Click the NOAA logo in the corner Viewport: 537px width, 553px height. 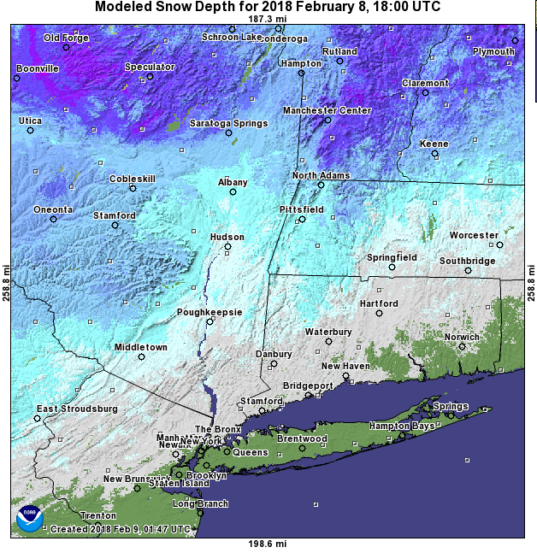click(29, 517)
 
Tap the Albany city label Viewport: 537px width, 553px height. click(233, 182)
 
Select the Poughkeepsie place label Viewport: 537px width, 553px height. click(209, 312)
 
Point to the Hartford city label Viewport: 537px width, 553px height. click(378, 303)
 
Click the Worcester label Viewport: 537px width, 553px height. click(474, 235)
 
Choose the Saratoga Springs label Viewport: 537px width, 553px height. click(228, 123)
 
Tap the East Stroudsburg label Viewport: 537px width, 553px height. click(77, 409)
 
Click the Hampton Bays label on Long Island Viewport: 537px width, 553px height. click(402, 426)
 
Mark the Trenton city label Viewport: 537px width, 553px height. click(97, 516)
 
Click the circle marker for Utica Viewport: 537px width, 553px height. click(30, 130)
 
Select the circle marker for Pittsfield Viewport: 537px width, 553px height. click(302, 219)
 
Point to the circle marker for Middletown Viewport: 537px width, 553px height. click(142, 356)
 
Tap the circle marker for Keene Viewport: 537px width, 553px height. click(434, 154)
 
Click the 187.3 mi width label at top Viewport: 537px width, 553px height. click(265, 18)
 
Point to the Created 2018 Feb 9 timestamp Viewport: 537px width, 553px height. click(120, 530)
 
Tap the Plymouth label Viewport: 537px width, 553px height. click(493, 51)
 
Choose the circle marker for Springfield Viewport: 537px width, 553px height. click(392, 267)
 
